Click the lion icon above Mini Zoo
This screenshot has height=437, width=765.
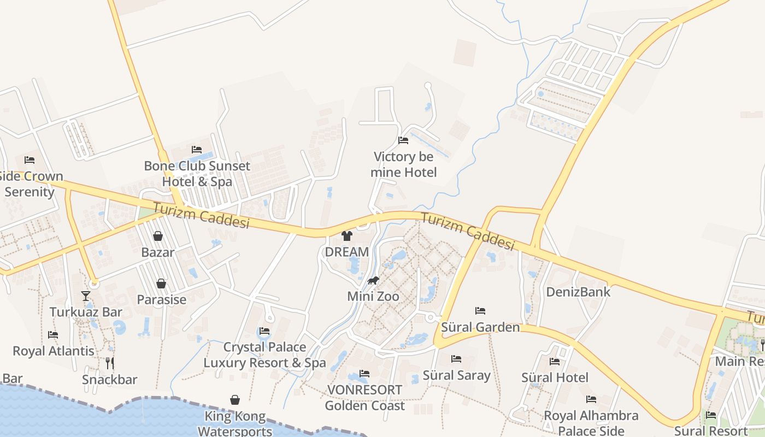pos(373,281)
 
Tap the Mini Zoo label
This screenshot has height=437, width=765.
pos(373,297)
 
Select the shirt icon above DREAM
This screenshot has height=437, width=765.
pos(347,236)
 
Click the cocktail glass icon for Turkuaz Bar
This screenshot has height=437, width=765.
pos(86,296)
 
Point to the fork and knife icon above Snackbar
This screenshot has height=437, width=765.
pos(110,363)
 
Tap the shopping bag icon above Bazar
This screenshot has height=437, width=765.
pos(158,236)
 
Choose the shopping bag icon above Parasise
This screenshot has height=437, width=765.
pos(161,284)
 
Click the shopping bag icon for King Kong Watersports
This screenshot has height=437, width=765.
pos(235,400)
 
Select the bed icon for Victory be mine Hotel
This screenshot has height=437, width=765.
pos(403,140)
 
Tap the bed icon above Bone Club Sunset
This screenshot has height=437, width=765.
pos(197,150)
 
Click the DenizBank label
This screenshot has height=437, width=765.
pos(579,292)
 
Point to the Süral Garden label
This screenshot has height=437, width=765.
pos(480,327)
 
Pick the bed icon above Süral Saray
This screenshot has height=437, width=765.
pos(456,359)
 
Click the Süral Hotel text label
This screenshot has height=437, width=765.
pos(555,377)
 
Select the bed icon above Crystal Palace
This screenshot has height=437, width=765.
pos(264,331)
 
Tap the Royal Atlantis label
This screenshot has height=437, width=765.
pos(54,351)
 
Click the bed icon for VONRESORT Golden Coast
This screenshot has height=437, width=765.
pos(364,374)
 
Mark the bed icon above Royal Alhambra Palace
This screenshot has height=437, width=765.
pos(591,399)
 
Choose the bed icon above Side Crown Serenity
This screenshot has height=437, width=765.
pos(30,160)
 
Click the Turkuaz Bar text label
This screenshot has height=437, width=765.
pos(86,312)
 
